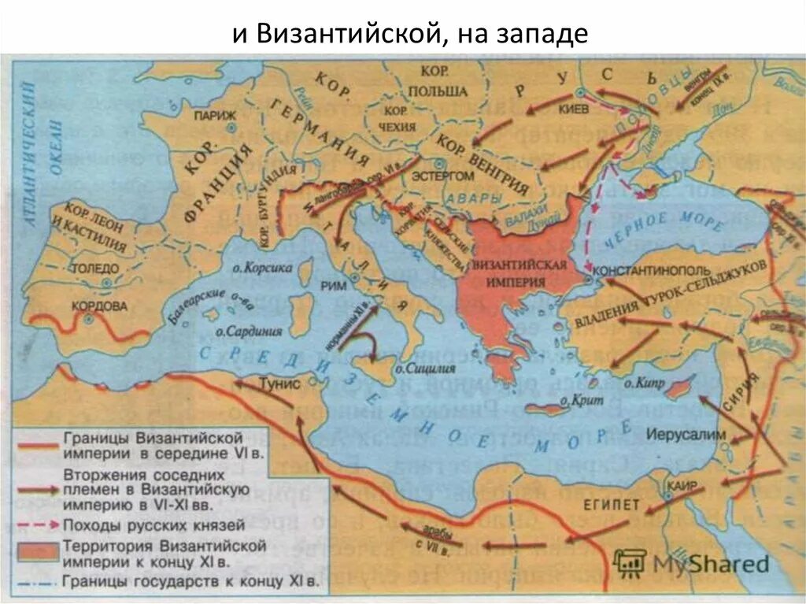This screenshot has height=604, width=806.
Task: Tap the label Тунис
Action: coord(279,384)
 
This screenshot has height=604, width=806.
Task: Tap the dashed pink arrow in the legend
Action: coord(38,524)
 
